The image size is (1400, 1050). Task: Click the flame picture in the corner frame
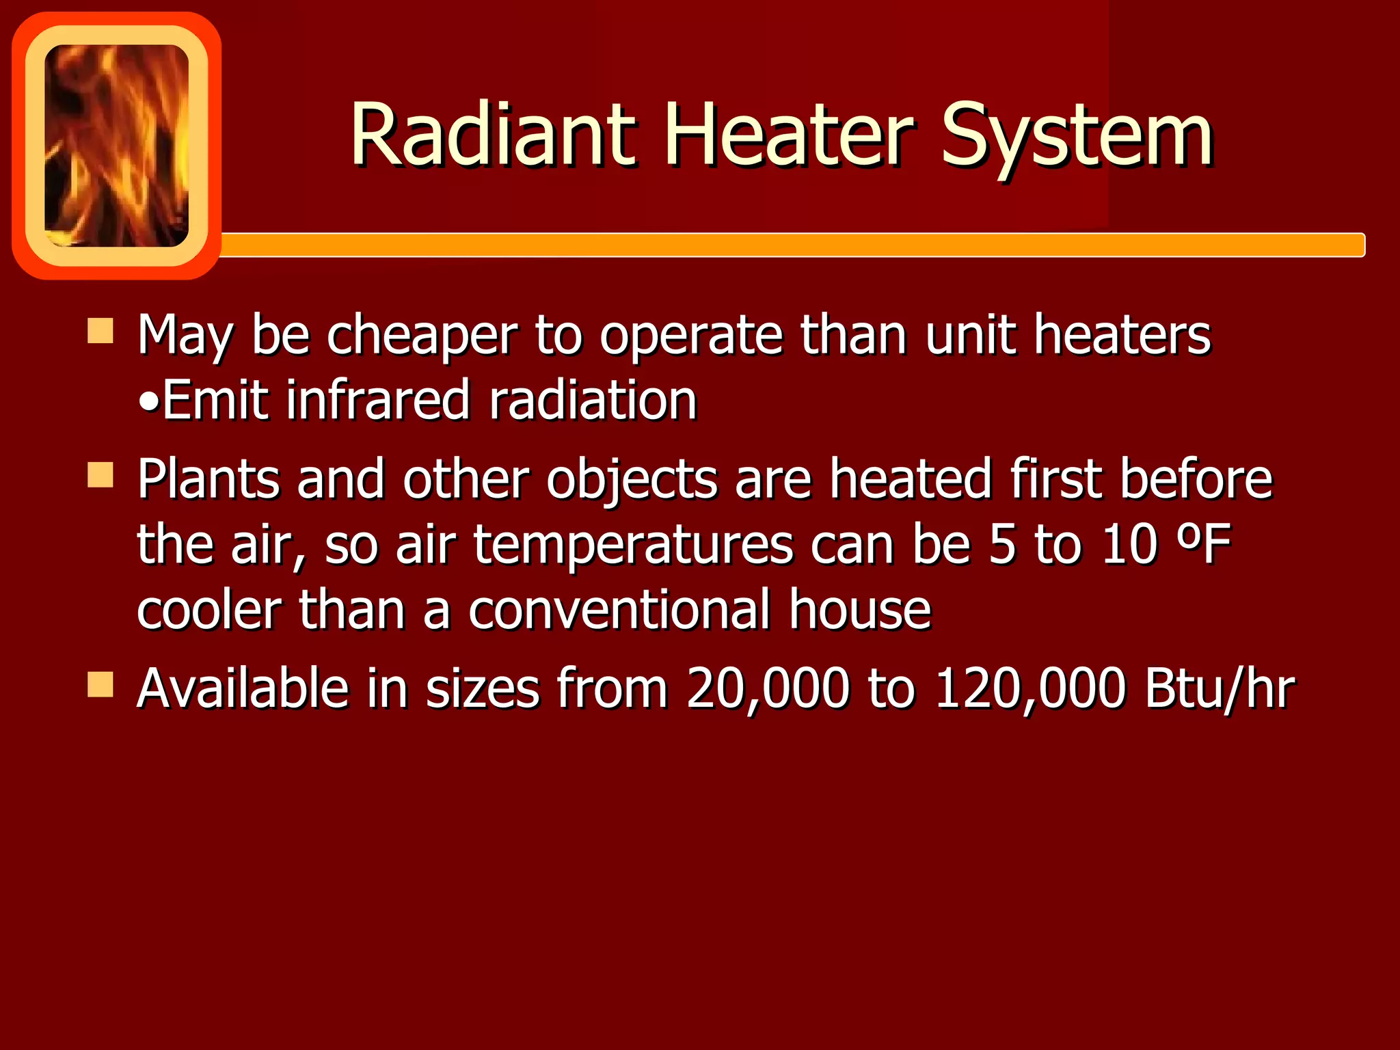click(116, 145)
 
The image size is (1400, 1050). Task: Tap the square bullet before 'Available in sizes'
click(100, 684)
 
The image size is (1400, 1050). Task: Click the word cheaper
click(421, 336)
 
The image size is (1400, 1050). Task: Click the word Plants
click(208, 479)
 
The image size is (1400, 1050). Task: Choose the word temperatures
click(633, 546)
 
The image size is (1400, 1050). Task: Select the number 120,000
click(1029, 689)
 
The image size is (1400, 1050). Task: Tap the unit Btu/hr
click(1219, 689)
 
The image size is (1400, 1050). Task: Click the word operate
click(690, 336)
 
